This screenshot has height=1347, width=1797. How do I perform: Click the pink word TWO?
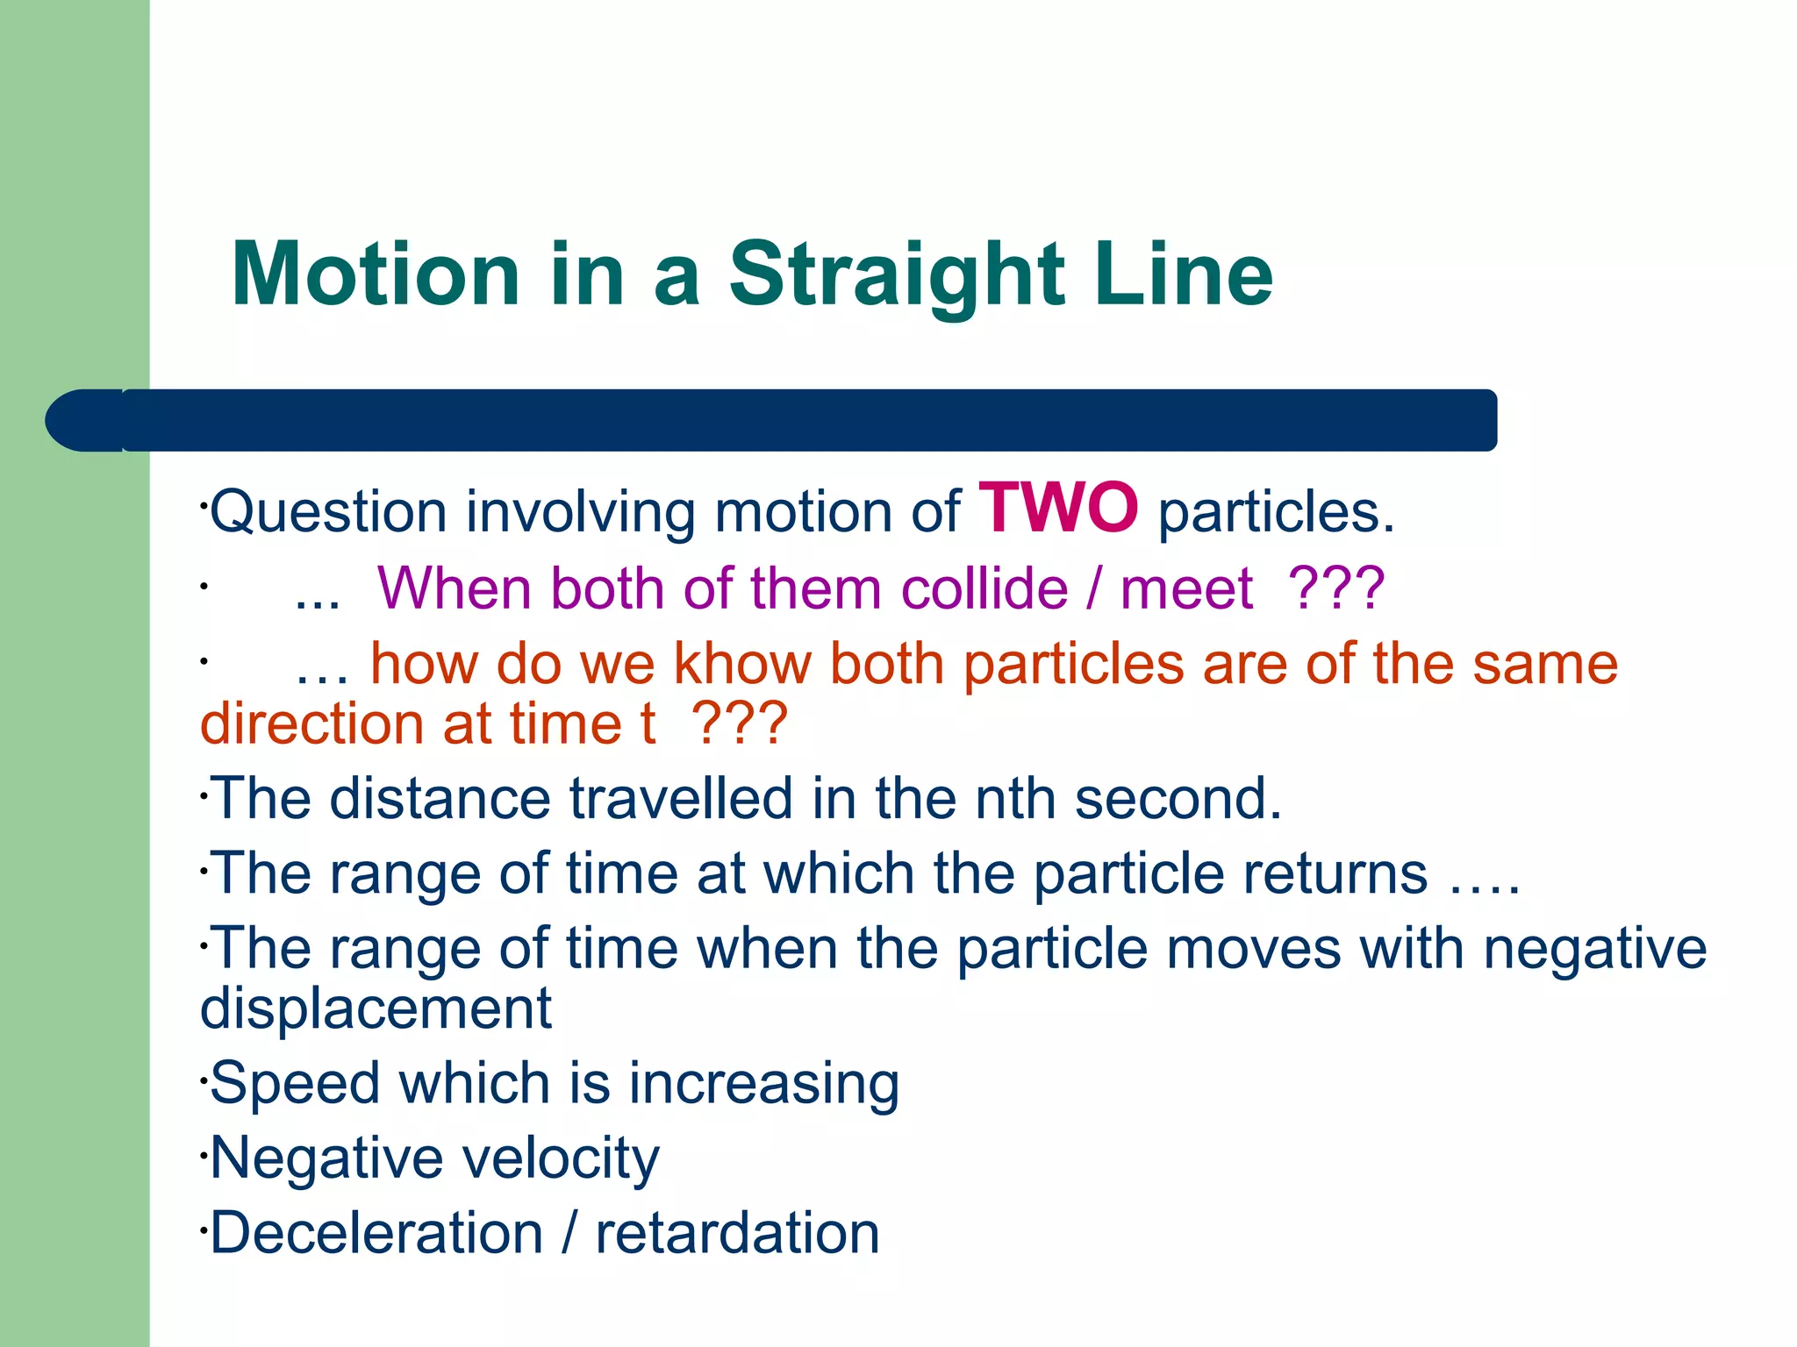(1059, 509)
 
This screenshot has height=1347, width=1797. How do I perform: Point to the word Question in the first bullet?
(328, 512)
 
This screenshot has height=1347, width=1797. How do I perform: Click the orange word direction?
(312, 724)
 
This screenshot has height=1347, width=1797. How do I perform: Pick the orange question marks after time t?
(740, 724)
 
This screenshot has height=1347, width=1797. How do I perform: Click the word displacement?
(376, 1008)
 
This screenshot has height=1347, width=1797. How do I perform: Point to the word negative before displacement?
(1594, 949)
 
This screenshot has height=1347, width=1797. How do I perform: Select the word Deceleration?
(376, 1233)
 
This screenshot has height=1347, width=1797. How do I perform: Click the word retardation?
(737, 1233)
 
